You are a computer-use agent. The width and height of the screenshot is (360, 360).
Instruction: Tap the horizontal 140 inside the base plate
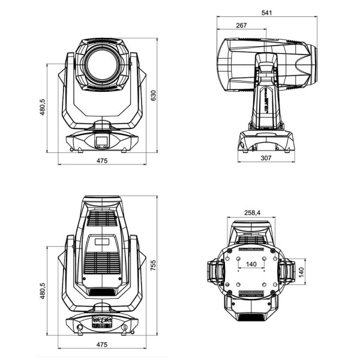252,263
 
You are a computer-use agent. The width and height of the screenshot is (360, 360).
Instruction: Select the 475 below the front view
101,161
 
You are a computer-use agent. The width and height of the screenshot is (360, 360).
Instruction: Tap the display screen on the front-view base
101,142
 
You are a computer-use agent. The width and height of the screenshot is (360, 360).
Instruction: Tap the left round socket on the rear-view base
80,326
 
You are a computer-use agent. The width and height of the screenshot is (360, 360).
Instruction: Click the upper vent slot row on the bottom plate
252,248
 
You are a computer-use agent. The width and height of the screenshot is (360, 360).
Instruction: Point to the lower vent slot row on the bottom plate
252,294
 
